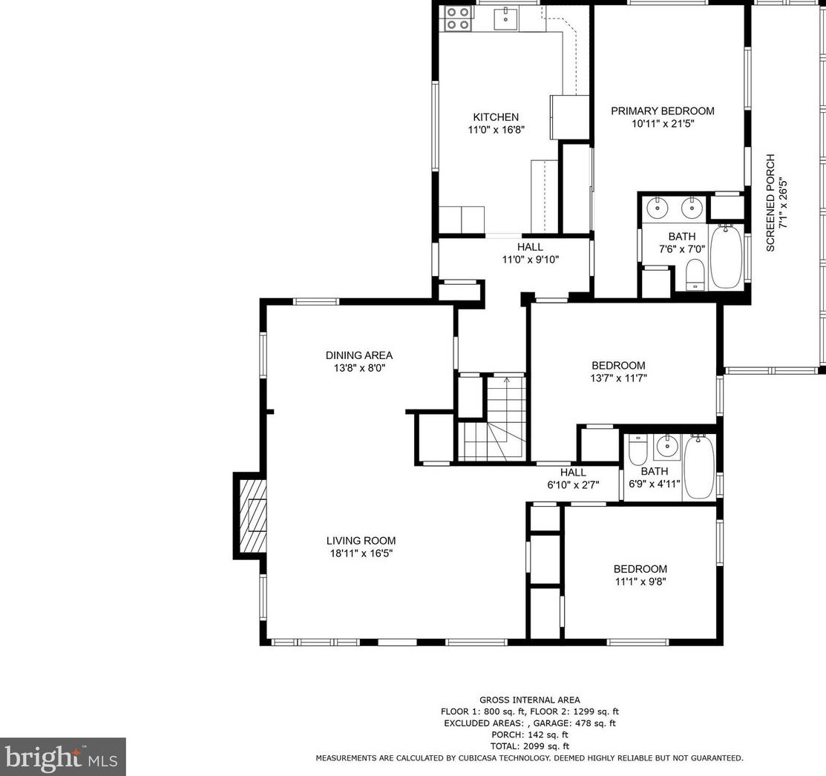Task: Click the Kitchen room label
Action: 496,117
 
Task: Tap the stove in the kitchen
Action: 457,18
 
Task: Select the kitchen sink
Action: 505,19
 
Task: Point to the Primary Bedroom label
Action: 663,111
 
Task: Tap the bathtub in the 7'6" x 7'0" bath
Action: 727,256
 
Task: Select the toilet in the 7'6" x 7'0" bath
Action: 696,274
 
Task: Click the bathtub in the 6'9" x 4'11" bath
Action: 699,467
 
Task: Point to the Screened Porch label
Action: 770,203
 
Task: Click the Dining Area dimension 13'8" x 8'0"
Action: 359,368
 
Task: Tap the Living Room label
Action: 361,541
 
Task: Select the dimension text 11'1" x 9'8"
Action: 640,582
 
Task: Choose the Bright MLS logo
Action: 62,757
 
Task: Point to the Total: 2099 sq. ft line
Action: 529,746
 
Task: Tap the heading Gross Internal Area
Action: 529,700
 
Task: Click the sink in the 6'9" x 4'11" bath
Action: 667,447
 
